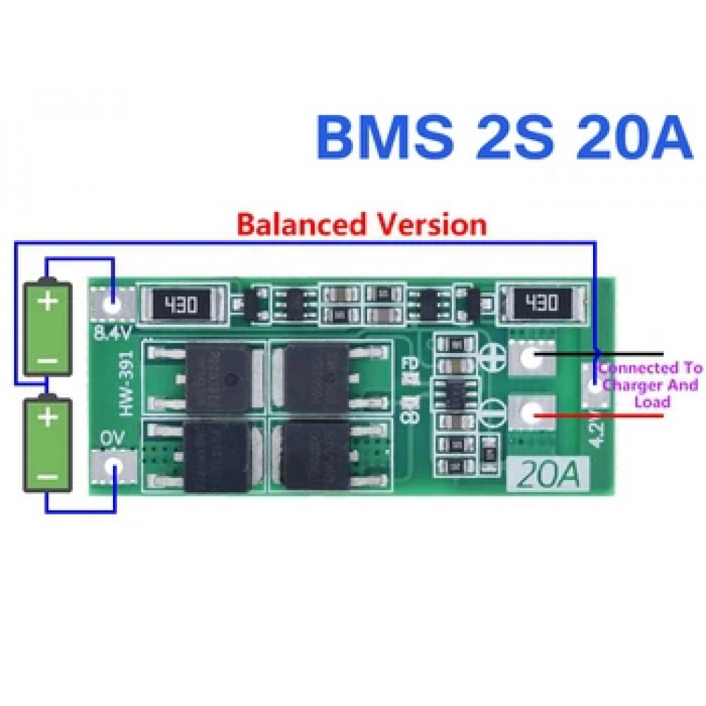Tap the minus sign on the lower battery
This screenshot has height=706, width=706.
(x=48, y=478)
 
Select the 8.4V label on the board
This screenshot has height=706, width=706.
(x=112, y=331)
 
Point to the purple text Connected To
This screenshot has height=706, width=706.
(x=650, y=369)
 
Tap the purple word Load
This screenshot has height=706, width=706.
(x=652, y=402)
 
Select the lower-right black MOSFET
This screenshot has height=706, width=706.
(x=315, y=455)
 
